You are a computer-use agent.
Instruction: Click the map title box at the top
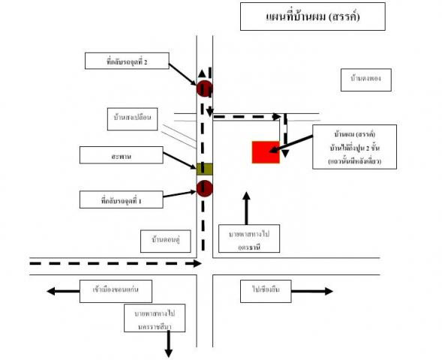(x=312, y=16)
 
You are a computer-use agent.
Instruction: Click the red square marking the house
(x=265, y=151)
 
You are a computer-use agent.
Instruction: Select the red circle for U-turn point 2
(x=204, y=88)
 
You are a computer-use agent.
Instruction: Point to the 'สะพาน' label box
(x=121, y=156)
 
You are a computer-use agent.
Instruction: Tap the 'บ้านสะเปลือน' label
(x=133, y=119)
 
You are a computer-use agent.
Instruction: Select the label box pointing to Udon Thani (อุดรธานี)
(x=248, y=240)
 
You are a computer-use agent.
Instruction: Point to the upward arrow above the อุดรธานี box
(x=246, y=206)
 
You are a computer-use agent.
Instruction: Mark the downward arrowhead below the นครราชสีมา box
(x=169, y=352)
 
